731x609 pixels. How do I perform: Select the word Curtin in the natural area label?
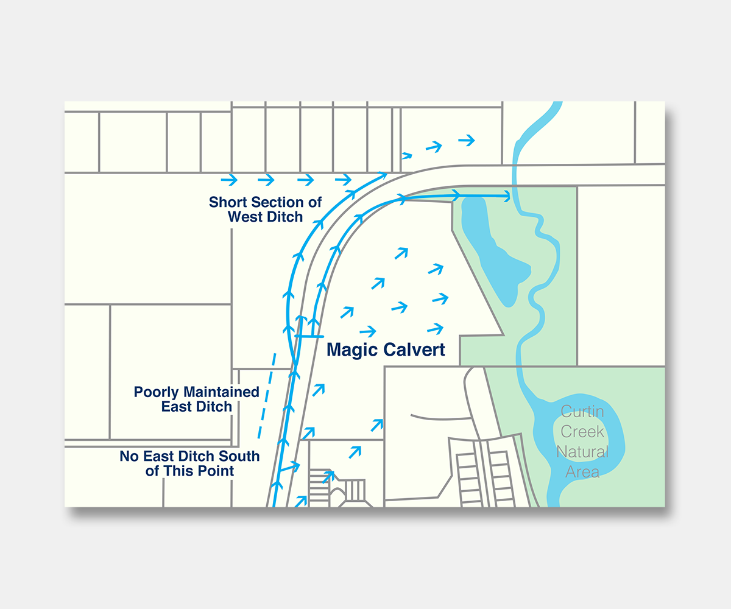click(582, 412)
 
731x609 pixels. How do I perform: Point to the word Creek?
click(583, 432)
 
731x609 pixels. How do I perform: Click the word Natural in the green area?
click(582, 452)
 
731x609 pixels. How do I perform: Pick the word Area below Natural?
click(582, 472)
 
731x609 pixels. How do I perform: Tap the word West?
click(245, 217)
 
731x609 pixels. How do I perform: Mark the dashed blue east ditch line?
click(267, 396)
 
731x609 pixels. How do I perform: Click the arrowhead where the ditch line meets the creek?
click(506, 196)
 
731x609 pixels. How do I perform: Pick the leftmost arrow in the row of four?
click(229, 180)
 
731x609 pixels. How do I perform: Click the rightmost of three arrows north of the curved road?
click(467, 141)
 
